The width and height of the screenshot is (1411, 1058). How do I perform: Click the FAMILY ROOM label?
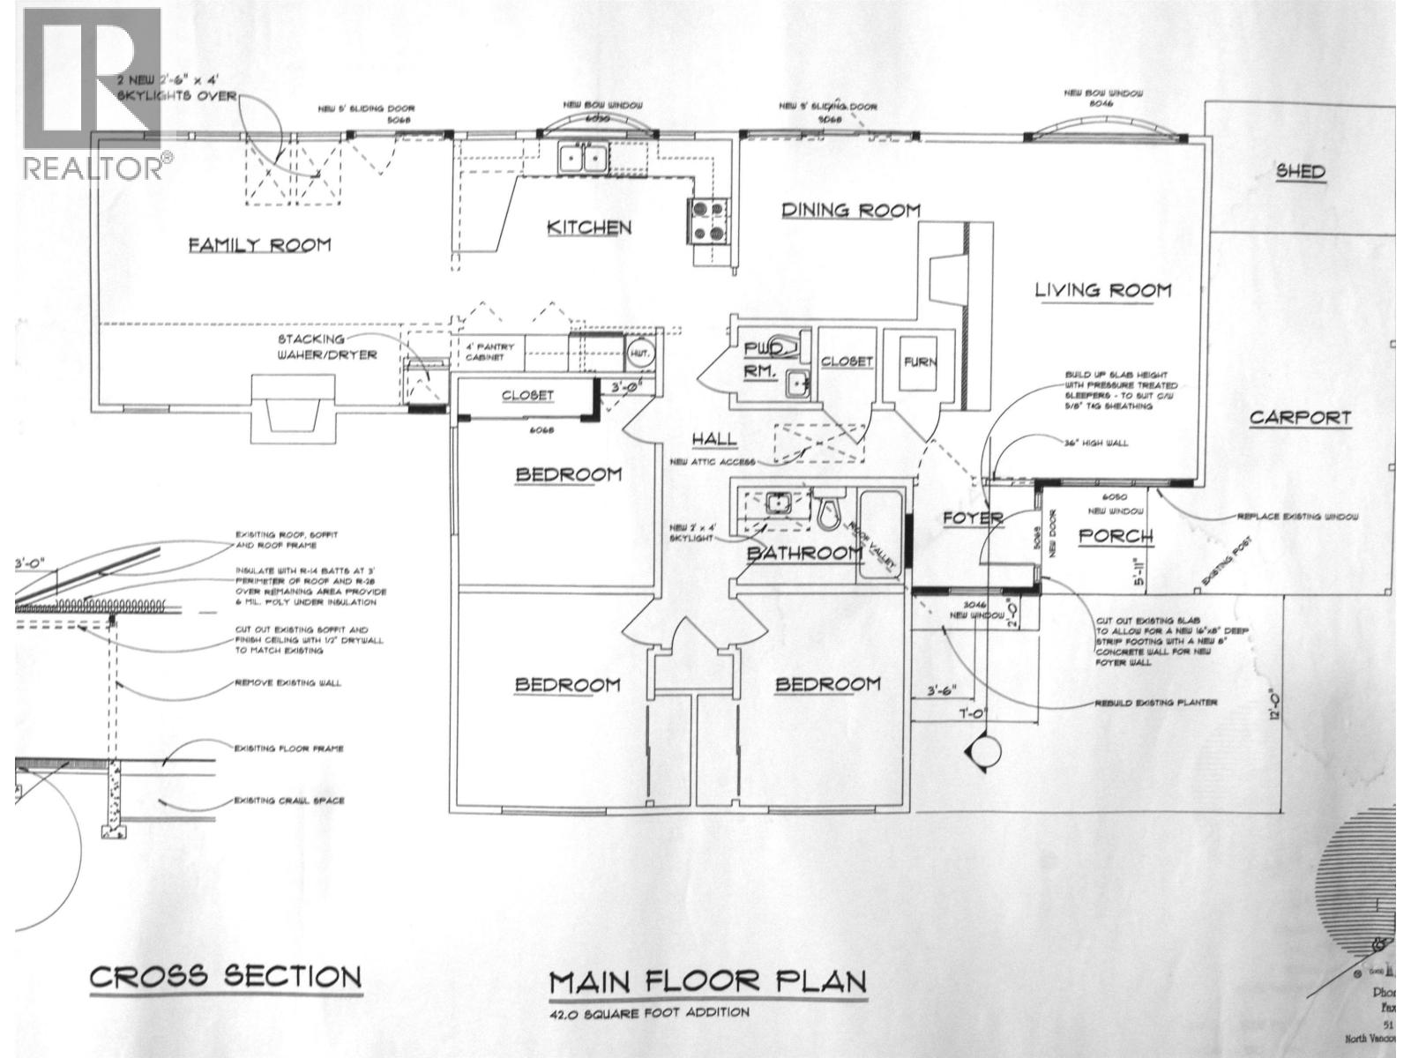259,245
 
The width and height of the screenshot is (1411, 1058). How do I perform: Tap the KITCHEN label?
589,227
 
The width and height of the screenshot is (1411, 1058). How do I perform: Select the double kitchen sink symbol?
584,160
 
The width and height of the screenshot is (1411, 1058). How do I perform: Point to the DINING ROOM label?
851,210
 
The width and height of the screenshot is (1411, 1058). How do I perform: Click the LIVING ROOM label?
1102,290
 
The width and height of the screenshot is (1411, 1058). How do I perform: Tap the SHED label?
1301,171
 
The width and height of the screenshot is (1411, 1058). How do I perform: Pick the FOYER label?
973,518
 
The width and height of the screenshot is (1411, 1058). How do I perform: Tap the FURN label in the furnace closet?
919,362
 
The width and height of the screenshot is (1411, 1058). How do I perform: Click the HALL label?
714,439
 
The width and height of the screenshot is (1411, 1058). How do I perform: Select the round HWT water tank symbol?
638,353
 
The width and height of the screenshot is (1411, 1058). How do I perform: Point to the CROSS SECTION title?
225,977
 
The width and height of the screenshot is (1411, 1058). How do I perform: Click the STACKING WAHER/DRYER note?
327,346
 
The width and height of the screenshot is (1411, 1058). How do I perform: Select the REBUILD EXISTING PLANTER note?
1155,703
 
